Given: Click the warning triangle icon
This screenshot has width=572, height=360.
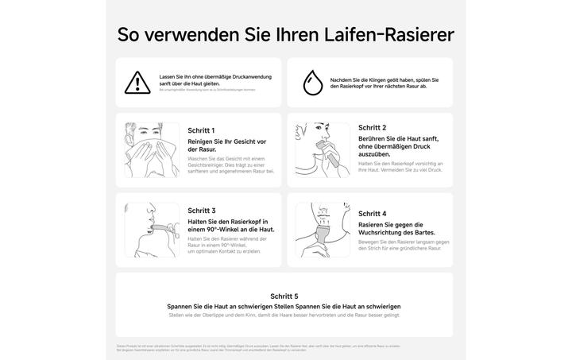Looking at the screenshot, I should (137, 82).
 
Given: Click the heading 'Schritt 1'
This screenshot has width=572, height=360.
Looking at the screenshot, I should (201, 130).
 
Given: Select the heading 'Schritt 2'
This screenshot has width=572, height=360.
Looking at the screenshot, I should (372, 127).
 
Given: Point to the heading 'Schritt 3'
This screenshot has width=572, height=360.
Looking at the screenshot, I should (201, 211).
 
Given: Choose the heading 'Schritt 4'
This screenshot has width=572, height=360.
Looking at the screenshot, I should (372, 214).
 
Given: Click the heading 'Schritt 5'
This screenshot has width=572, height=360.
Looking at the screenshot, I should (284, 296).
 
